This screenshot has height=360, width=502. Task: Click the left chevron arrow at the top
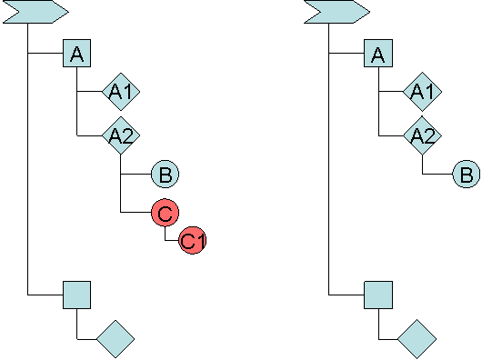(35, 11)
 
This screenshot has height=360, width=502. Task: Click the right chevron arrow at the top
(336, 11)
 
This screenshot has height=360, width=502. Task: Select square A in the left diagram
(77, 55)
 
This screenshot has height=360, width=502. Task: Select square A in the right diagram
(377, 55)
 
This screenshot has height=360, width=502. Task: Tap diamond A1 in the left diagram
(121, 92)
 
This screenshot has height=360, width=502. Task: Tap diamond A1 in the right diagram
(421, 92)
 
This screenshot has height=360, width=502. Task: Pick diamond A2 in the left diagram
(121, 135)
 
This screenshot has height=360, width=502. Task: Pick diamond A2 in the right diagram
(421, 135)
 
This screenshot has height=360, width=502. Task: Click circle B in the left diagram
(165, 174)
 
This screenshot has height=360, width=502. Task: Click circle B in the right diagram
(466, 174)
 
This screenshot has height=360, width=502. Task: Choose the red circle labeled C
(165, 213)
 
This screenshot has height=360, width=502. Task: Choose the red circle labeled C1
(192, 240)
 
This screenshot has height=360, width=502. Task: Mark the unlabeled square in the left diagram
(77, 295)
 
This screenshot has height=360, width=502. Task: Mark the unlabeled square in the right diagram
(377, 295)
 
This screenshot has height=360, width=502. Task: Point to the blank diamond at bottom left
(115, 338)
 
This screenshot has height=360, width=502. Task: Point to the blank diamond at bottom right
(417, 338)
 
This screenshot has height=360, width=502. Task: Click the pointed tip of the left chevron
(66, 11)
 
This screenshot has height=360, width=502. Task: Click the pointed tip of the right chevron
(367, 11)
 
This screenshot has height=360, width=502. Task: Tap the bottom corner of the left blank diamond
(115, 356)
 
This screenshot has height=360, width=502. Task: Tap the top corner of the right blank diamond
(417, 321)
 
